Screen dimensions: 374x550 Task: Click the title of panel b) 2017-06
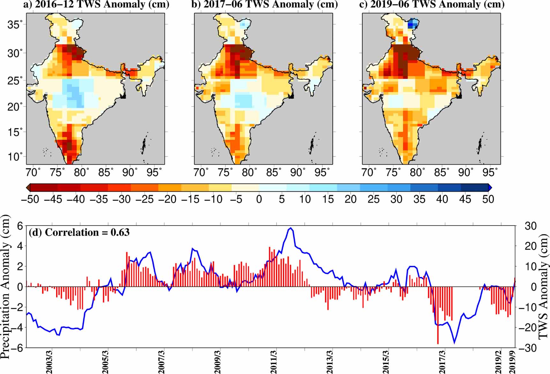(x=264, y=4)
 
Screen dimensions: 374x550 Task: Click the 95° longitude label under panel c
(x=490, y=173)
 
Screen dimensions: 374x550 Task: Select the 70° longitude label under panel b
(x=201, y=173)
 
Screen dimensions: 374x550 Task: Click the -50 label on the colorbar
(x=30, y=199)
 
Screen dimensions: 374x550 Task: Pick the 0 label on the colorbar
(x=259, y=199)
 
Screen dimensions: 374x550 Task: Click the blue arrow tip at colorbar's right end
(x=490, y=188)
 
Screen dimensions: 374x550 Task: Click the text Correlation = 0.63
(x=79, y=232)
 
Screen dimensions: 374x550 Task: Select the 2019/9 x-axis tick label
(x=512, y=362)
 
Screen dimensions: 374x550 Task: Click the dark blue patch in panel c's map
(x=413, y=24)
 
